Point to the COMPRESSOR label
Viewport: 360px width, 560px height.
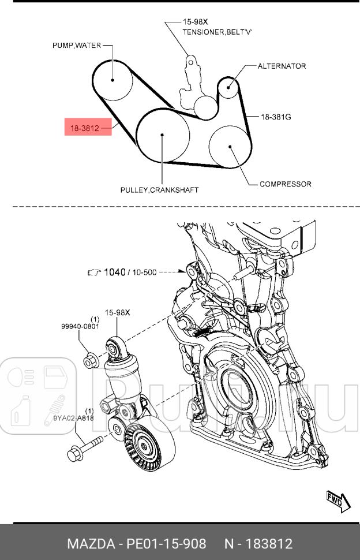(285, 184)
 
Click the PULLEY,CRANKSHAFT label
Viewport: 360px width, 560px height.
(159, 189)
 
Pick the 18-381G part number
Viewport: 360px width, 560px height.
(276, 117)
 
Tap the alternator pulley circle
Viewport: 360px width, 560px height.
(228, 87)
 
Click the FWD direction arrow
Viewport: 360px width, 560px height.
(337, 500)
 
